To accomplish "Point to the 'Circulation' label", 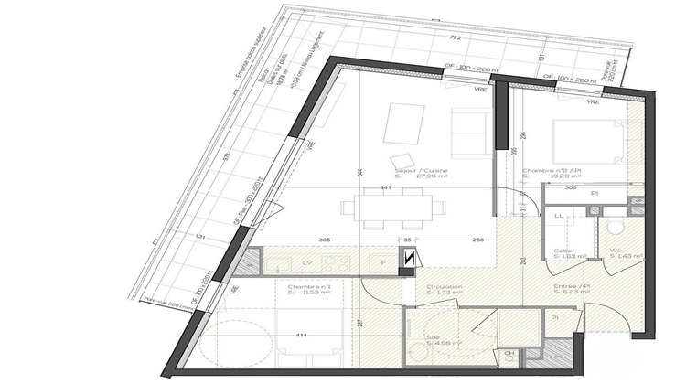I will pyautogui.click(x=444, y=286).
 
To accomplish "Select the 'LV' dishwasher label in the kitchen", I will pyautogui.click(x=305, y=262).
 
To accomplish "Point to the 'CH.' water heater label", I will pyautogui.click(x=509, y=354).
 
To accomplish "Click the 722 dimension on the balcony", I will pyautogui.click(x=455, y=39).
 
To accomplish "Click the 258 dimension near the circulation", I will pyautogui.click(x=477, y=239).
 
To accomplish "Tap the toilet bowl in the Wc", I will pyautogui.click(x=615, y=226).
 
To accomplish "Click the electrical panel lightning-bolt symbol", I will pyautogui.click(x=408, y=260).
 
